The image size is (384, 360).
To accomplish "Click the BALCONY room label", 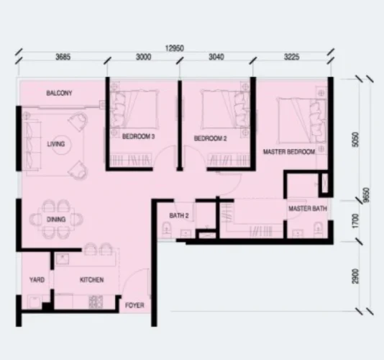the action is pyautogui.click(x=59, y=93).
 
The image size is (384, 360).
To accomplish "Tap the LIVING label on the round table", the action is pyautogui.click(x=56, y=144).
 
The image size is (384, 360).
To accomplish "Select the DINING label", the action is pyautogui.click(x=56, y=219).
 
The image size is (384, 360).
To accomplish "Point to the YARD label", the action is pyautogui.click(x=37, y=280).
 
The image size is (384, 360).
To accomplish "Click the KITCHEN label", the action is pyautogui.click(x=92, y=280).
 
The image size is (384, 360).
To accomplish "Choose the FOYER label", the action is pyautogui.click(x=134, y=305).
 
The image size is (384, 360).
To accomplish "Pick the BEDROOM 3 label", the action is pyautogui.click(x=138, y=136).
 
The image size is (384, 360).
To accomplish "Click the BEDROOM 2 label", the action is pyautogui.click(x=211, y=138).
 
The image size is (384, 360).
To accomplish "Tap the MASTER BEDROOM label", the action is pyautogui.click(x=289, y=152).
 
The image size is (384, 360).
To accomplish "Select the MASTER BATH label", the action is pyautogui.click(x=308, y=209).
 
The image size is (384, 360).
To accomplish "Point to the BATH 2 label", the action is pyautogui.click(x=179, y=216).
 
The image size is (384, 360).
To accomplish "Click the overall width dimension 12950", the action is pyautogui.click(x=175, y=48).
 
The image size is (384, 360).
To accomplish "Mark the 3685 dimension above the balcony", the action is pyautogui.click(x=63, y=57).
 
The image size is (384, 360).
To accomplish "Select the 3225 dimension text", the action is pyautogui.click(x=292, y=57).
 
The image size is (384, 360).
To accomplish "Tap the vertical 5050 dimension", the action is pyautogui.click(x=355, y=140).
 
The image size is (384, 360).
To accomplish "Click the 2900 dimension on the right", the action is pyautogui.click(x=355, y=276).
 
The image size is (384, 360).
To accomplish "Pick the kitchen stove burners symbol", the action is pyautogui.click(x=96, y=302).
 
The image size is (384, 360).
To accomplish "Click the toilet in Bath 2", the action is pyautogui.click(x=167, y=230).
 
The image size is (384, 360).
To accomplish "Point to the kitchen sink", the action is pyautogui.click(x=63, y=259).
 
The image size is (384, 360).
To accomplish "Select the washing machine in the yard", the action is pyautogui.click(x=35, y=302).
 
